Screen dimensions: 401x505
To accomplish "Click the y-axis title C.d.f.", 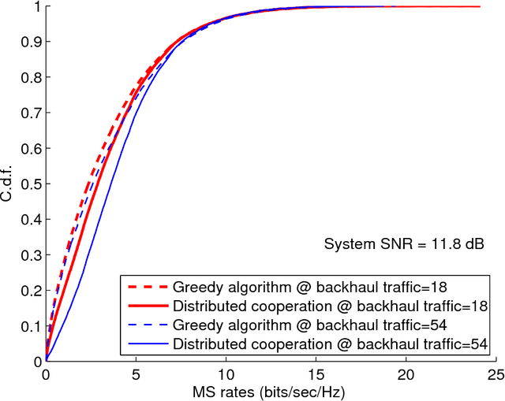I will [x=7, y=183].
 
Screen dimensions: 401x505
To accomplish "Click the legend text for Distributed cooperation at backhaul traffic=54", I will [x=327, y=343].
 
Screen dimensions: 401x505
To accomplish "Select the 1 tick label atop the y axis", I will [x=35, y=7].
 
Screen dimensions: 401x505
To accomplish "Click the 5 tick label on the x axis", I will [x=136, y=374].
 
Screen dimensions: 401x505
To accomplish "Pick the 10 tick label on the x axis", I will [x=226, y=374].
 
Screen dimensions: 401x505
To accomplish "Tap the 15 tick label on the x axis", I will [x=316, y=374].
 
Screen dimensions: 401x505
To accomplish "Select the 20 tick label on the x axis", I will [x=406, y=374].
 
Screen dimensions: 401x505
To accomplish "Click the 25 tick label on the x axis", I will [x=495, y=374].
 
